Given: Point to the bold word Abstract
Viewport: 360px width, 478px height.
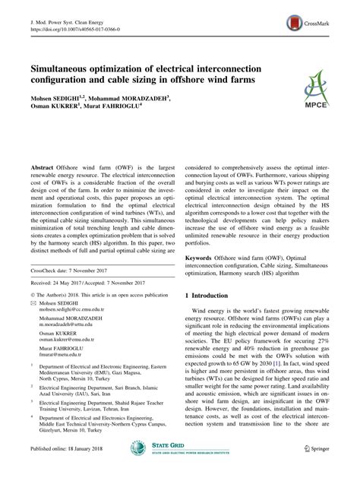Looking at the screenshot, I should tap(41, 166).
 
